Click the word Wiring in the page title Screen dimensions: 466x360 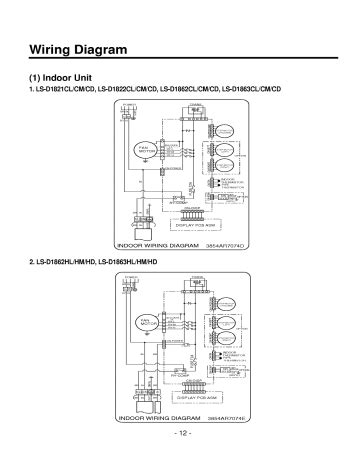pos(52,49)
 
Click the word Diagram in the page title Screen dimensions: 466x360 pos(111,49)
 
